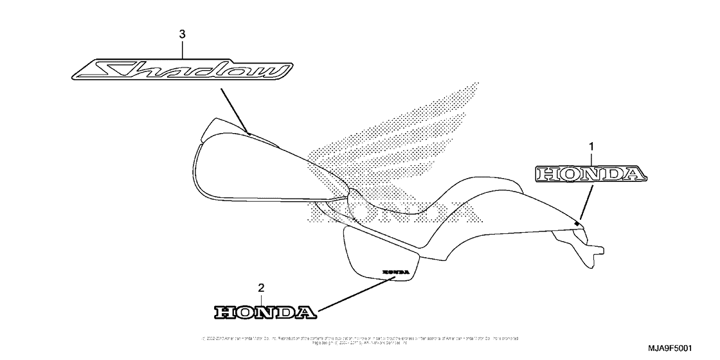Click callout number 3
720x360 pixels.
[182, 33]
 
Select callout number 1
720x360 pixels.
[591, 147]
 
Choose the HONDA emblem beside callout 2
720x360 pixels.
[265, 312]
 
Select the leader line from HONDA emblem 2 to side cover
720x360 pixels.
[354, 293]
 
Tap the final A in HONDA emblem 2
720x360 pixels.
[306, 312]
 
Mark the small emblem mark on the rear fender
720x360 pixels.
[577, 223]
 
